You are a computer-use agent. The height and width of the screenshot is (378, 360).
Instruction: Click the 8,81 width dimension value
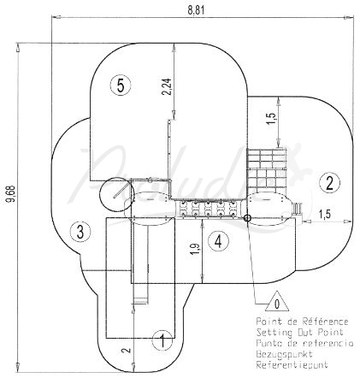click(196, 9)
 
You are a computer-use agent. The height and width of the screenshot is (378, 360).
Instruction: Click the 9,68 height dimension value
click(11, 194)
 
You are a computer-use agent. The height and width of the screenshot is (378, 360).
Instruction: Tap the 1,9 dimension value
click(196, 249)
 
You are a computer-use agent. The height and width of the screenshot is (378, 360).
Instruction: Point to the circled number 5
click(121, 85)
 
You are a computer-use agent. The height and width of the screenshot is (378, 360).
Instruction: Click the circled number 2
click(329, 183)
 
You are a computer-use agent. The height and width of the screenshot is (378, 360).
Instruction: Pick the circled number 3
click(80, 231)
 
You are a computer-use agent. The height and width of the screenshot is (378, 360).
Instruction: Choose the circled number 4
click(218, 241)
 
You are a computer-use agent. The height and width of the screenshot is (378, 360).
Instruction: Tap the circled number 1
click(162, 340)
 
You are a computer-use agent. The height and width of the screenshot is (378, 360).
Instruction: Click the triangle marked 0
click(277, 303)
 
